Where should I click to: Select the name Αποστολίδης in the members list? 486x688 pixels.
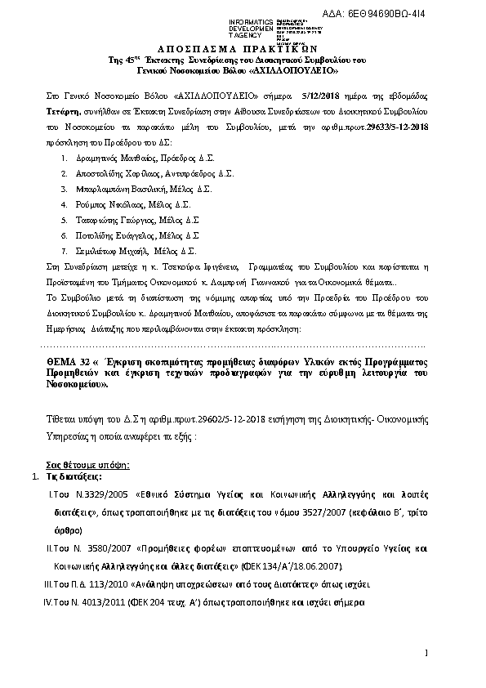(x=95, y=174)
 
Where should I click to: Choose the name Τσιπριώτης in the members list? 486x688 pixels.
(x=94, y=221)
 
